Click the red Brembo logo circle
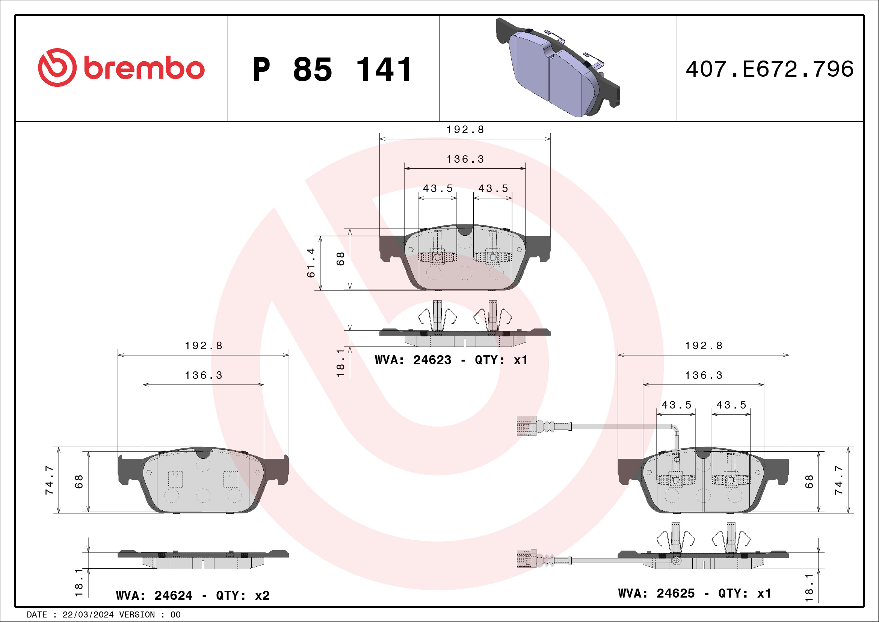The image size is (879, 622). tap(57, 67)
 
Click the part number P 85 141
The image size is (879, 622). tap(332, 69)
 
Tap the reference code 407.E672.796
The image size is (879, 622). tap(770, 69)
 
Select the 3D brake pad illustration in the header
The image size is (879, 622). tap(557, 67)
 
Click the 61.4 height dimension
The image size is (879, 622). tap(311, 263)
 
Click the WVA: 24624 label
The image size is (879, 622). tap(154, 596)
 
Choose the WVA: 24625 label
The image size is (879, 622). tap(656, 593)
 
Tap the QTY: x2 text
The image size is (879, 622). tap(243, 596)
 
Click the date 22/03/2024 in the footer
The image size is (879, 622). tap(88, 615)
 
